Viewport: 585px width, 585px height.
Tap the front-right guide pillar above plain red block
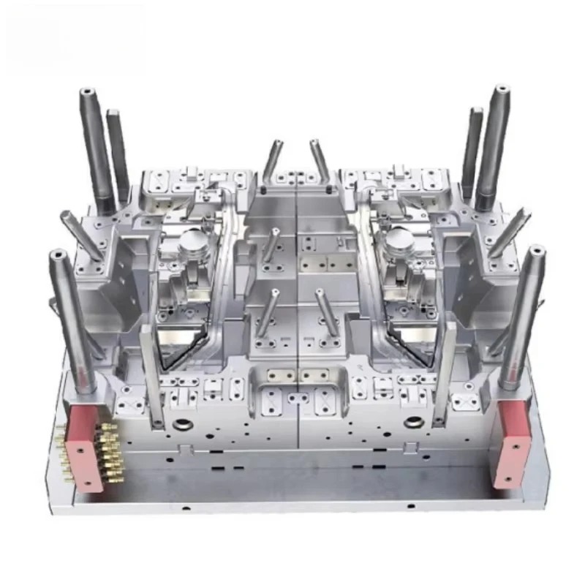point(523,314)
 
